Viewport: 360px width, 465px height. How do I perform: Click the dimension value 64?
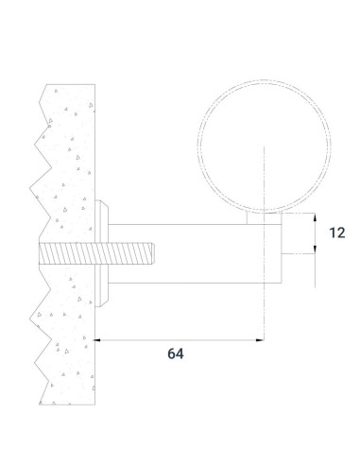pyautogui.click(x=176, y=353)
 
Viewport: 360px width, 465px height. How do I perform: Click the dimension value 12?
pyautogui.click(x=337, y=232)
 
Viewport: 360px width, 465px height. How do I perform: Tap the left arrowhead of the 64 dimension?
pyautogui.click(x=97, y=340)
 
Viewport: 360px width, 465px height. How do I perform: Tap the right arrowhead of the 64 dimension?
pyautogui.click(x=260, y=340)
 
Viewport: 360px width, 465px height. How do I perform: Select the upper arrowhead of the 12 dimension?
pyautogui.click(x=315, y=217)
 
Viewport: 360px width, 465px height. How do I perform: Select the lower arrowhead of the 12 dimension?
pyautogui.click(x=315, y=250)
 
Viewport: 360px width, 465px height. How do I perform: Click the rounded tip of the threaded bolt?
pyautogui.click(x=152, y=253)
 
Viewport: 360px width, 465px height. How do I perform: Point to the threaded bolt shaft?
pyautogui.click(x=96, y=253)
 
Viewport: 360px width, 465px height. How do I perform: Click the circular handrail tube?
pyautogui.click(x=197, y=146)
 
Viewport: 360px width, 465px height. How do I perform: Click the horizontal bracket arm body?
pyautogui.click(x=195, y=253)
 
